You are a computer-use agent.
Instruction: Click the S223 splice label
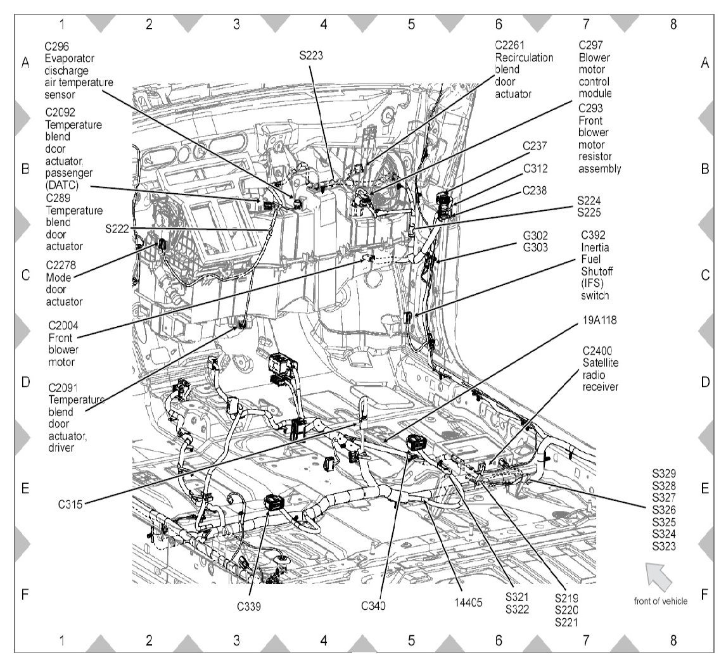(x=312, y=56)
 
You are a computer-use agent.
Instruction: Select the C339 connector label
(x=250, y=605)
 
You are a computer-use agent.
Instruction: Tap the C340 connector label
(x=374, y=605)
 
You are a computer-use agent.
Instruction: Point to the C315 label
(x=70, y=505)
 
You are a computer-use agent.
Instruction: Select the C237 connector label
(x=535, y=146)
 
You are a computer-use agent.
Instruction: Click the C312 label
(x=535, y=169)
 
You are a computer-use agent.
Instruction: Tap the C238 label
(x=535, y=190)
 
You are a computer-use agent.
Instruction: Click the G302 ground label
(x=535, y=235)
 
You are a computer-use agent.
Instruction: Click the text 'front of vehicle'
(x=660, y=602)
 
